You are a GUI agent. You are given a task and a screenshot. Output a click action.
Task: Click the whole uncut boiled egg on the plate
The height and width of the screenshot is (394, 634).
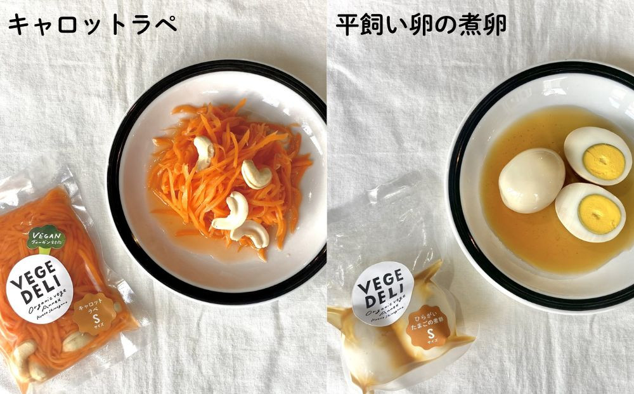531,180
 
